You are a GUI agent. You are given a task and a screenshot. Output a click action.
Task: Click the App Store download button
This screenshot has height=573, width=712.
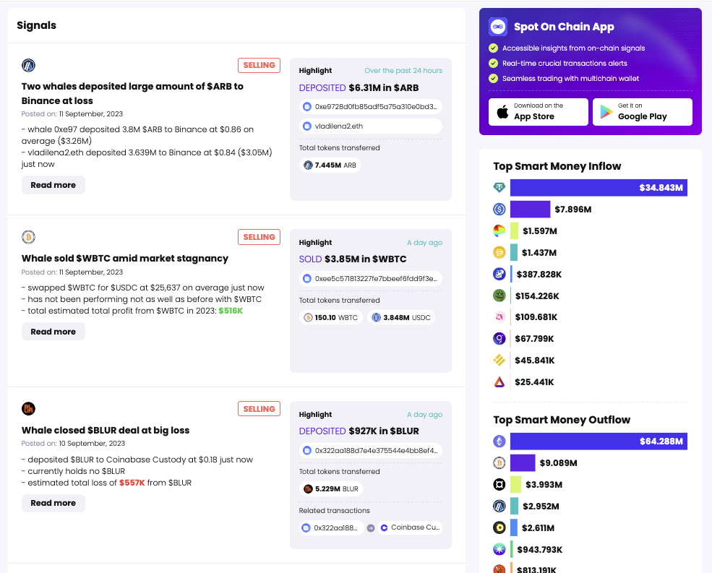click(538, 112)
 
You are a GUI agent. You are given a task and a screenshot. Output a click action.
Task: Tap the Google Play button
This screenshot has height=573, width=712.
click(642, 112)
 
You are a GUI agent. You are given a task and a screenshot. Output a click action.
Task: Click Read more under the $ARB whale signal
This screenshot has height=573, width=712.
click(53, 185)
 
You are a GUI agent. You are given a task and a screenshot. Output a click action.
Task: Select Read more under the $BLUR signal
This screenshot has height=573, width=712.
click(53, 503)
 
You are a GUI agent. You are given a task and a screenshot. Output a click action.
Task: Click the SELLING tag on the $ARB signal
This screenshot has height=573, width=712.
click(259, 66)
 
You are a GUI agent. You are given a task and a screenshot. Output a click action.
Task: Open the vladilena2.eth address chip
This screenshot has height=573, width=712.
click(370, 126)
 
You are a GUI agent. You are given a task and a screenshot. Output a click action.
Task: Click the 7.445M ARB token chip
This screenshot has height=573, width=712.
click(330, 165)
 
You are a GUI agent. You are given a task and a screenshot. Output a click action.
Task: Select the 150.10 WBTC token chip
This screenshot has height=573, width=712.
click(330, 317)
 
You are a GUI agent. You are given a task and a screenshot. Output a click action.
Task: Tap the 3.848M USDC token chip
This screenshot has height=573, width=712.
click(401, 317)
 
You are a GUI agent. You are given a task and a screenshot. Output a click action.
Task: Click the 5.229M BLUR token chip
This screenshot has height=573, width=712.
click(330, 488)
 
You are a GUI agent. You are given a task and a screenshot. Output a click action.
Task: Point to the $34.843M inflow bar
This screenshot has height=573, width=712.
click(598, 188)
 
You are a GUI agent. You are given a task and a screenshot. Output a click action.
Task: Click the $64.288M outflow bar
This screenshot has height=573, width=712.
click(598, 441)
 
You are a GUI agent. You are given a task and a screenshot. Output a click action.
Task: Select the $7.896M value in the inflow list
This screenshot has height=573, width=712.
click(573, 210)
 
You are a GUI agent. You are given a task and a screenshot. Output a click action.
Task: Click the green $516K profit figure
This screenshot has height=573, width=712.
click(231, 311)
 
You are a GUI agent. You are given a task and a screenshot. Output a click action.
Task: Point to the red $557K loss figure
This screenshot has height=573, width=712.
click(132, 483)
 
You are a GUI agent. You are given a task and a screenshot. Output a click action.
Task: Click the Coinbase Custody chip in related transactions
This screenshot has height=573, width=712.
click(409, 527)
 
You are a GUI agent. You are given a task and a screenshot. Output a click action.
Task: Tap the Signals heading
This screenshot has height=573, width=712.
click(37, 25)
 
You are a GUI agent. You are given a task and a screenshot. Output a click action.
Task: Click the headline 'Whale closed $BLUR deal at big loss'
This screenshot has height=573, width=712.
click(106, 430)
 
